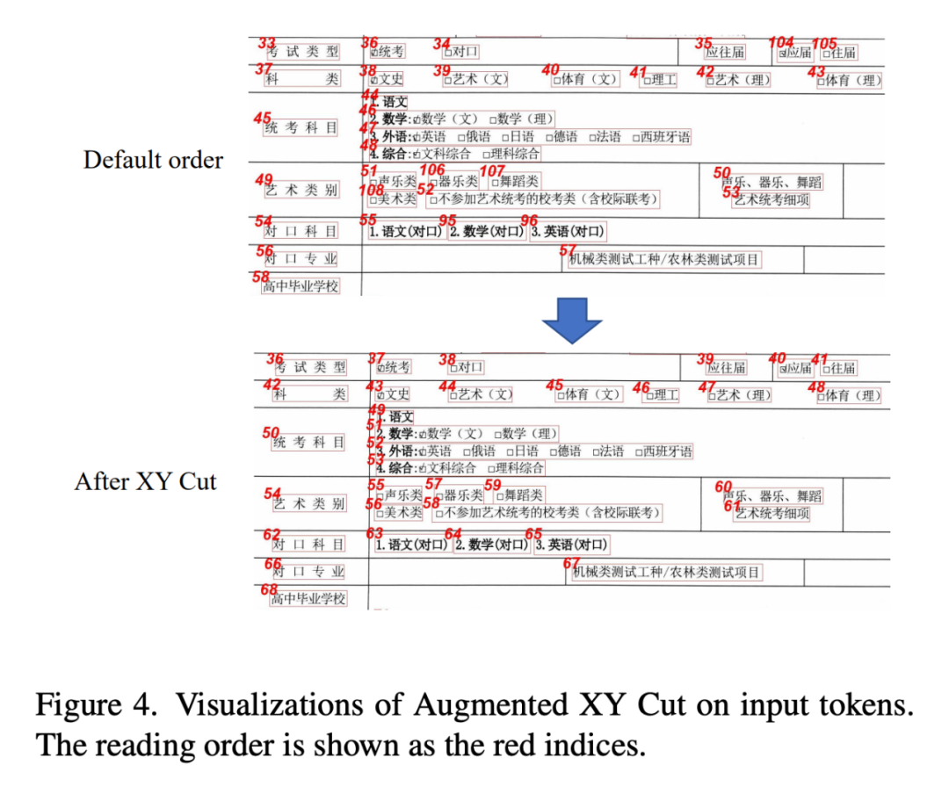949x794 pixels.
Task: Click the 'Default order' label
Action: pos(153,160)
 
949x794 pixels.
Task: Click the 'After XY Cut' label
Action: pos(145,481)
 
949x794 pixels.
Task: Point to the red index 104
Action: pos(780,42)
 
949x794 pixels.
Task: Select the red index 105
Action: pos(823,43)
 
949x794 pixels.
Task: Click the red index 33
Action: pos(266,42)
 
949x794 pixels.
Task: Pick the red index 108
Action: pos(371,190)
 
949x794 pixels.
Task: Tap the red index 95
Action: pos(448,220)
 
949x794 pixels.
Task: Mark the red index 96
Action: pos(529,220)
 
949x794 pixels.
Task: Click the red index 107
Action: pos(492,170)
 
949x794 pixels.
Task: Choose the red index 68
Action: pos(270,589)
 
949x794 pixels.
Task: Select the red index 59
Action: pos(492,484)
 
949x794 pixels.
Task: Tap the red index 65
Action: pos(533,533)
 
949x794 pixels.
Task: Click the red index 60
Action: pos(723,487)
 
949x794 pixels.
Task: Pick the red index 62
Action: pos(272,534)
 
